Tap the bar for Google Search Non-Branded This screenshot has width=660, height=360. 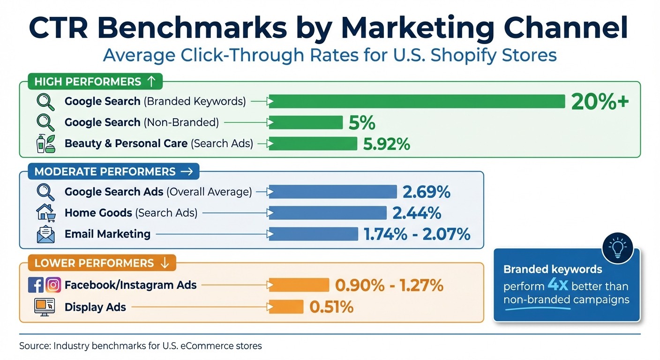[x=306, y=122]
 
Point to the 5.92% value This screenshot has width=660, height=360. [x=386, y=144]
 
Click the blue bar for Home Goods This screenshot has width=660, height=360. [x=327, y=213]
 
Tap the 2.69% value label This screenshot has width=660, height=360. [x=426, y=192]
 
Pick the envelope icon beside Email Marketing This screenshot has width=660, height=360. [x=45, y=234]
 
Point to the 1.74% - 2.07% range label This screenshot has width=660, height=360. [x=417, y=234]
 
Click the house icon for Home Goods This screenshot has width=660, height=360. [x=45, y=213]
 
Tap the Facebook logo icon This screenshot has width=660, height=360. [x=36, y=285]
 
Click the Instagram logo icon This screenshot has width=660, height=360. [x=53, y=285]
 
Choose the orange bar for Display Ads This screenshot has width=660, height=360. [x=286, y=307]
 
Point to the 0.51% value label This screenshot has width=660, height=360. [x=331, y=307]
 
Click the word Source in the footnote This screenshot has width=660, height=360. [x=34, y=346]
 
